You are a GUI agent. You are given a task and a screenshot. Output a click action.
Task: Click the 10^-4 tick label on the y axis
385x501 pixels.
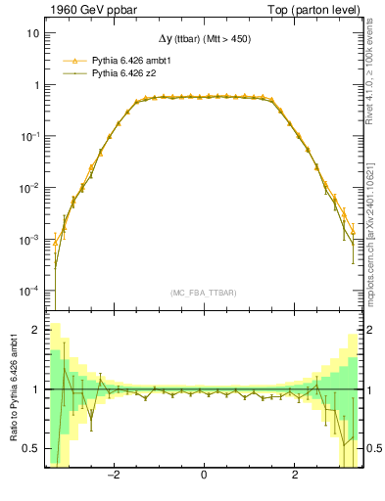pos(32,291)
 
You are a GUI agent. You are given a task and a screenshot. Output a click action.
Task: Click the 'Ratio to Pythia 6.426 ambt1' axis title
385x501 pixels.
pos(13,390)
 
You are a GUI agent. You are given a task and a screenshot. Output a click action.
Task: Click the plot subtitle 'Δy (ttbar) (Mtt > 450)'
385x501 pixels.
pos(203,40)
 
